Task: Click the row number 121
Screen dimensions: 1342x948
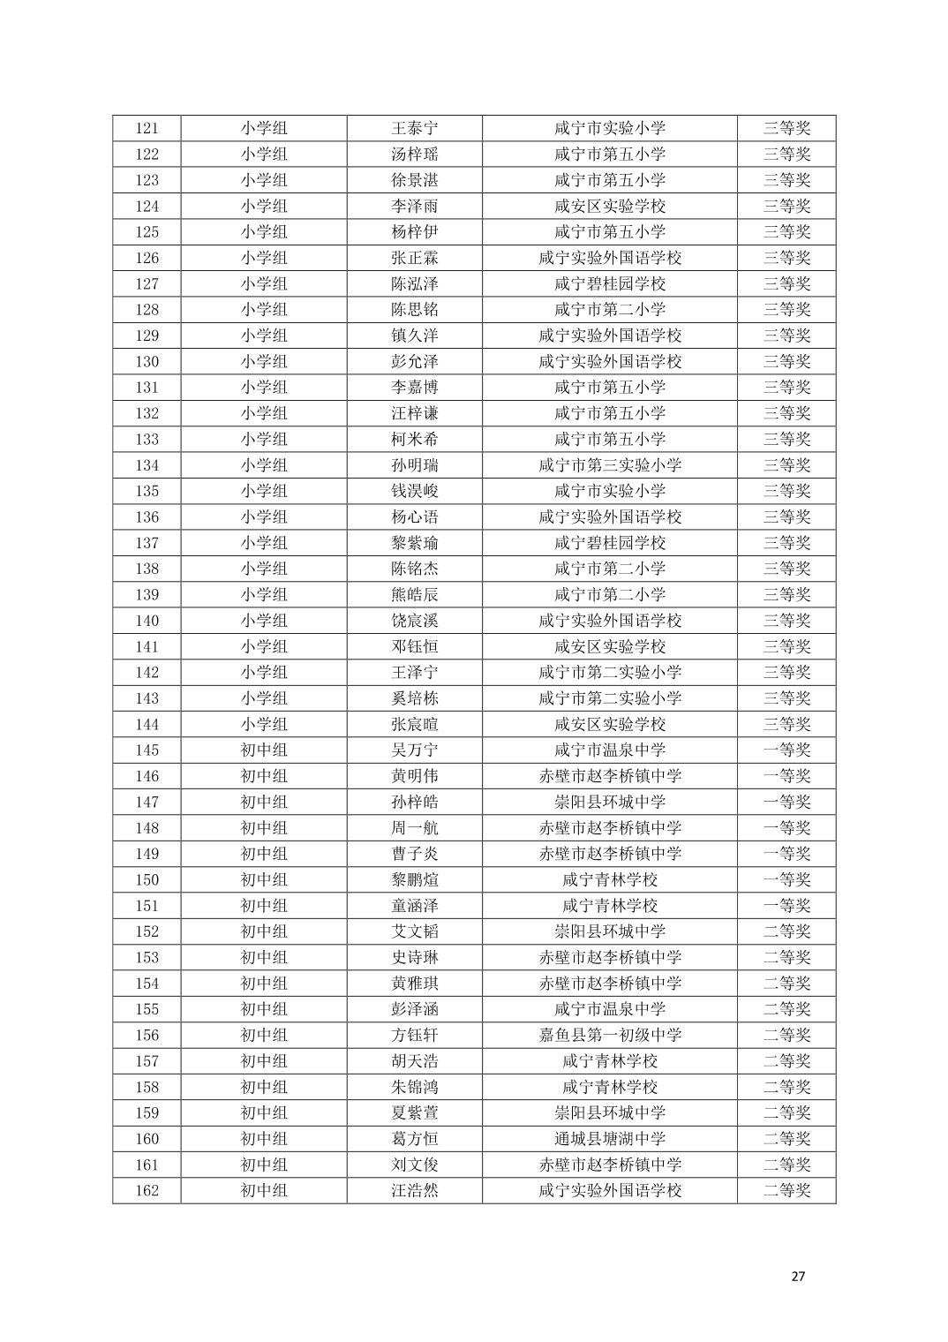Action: click(x=147, y=128)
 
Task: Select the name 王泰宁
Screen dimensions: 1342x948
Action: click(x=415, y=128)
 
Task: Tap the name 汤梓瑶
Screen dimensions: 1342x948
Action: click(x=415, y=155)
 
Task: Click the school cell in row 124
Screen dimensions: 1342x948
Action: click(x=610, y=206)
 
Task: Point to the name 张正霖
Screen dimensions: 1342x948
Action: click(x=415, y=258)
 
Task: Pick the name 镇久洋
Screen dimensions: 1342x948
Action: click(x=415, y=335)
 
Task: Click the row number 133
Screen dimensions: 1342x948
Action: click(x=147, y=439)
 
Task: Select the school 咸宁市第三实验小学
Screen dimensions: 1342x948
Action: click(x=610, y=465)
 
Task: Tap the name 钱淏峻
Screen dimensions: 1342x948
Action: click(x=415, y=491)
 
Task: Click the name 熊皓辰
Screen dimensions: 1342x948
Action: click(x=415, y=594)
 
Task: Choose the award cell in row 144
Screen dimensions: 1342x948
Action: click(x=786, y=724)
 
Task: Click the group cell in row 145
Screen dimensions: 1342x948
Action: click(x=264, y=750)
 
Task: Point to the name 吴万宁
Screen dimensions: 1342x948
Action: click(x=415, y=750)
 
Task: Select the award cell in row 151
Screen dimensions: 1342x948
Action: click(x=786, y=905)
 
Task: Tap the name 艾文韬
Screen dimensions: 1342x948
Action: click(x=415, y=931)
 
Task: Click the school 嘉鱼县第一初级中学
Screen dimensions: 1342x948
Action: click(x=610, y=1035)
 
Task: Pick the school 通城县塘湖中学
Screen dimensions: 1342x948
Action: click(x=610, y=1139)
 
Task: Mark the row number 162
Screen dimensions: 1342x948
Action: click(x=147, y=1190)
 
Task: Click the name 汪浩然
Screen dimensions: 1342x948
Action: click(x=415, y=1190)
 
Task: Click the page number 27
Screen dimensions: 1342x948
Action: click(x=798, y=1276)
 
